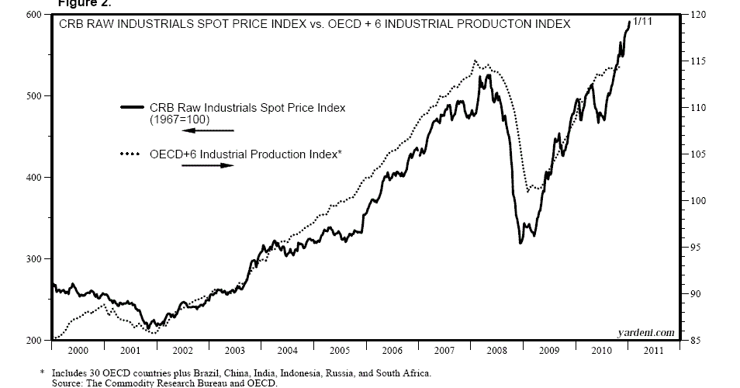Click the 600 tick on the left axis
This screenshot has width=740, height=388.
click(x=33, y=15)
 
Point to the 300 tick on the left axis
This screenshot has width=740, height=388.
click(x=33, y=259)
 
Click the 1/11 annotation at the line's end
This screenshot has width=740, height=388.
click(x=642, y=22)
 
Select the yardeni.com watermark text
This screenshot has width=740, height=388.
click(x=646, y=332)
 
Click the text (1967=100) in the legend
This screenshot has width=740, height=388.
click(x=179, y=120)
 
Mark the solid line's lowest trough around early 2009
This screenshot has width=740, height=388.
click(x=520, y=243)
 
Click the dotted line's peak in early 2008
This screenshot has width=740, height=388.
click(x=475, y=61)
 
